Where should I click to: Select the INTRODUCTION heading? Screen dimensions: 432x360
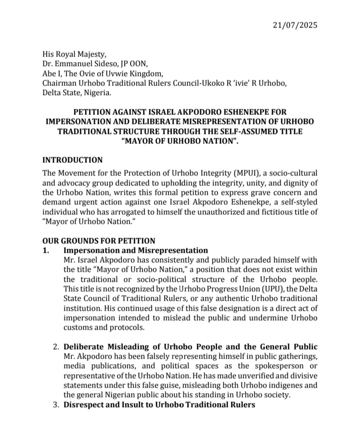click(72, 160)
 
